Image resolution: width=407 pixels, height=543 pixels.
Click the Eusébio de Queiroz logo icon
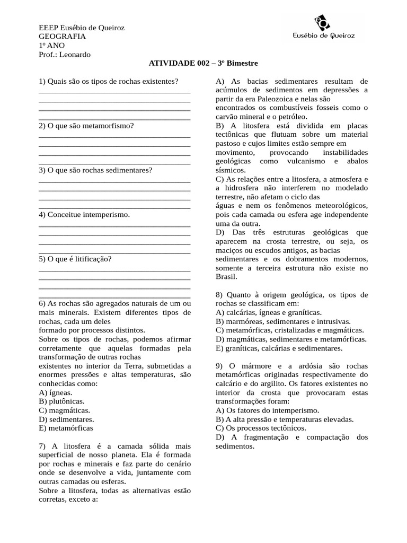coord(322,22)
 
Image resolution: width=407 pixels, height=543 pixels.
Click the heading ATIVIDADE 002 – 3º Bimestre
coord(203,63)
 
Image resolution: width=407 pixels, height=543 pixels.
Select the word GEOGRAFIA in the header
coord(62,36)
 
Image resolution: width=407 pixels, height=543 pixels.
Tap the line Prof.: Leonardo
coord(65,54)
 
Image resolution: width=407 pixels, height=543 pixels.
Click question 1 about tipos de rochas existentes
coord(108,81)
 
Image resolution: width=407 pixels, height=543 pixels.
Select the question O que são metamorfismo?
coord(86,126)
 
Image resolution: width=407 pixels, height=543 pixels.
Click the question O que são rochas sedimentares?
coord(95,170)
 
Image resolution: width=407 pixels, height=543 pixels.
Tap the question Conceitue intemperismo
coord(84,215)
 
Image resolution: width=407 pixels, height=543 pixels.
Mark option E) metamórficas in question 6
coord(66,428)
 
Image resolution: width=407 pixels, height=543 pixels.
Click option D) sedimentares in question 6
coord(66,419)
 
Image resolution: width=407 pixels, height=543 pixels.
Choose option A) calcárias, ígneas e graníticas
coord(268,313)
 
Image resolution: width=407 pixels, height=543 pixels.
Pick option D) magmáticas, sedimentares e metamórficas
coord(291,339)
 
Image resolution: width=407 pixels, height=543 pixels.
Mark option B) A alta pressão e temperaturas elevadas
coord(285,419)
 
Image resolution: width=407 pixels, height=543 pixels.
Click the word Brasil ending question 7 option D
coord(226,277)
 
